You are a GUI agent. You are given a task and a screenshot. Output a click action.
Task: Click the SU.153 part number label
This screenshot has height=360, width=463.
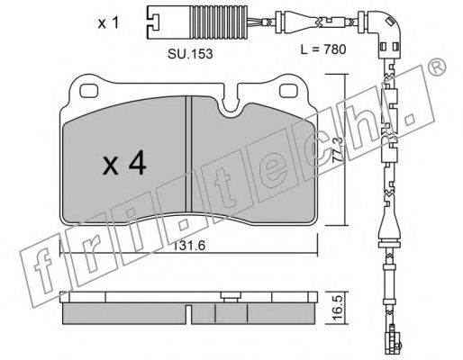click(x=190, y=54)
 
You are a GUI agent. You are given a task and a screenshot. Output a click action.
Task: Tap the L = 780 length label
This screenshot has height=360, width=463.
click(x=323, y=49)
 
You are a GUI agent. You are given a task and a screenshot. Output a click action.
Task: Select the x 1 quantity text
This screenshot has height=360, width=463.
click(x=108, y=23)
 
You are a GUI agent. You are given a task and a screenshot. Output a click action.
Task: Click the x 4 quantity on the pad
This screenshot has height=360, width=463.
click(x=124, y=163)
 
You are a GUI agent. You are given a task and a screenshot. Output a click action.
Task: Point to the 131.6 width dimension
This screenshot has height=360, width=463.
click(x=188, y=246)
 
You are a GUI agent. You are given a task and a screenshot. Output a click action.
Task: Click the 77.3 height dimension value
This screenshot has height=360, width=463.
click(x=339, y=149)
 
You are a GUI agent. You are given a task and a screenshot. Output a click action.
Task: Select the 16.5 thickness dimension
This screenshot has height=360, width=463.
click(x=338, y=309)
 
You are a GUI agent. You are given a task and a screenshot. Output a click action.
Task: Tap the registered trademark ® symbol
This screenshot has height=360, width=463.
click(x=437, y=67)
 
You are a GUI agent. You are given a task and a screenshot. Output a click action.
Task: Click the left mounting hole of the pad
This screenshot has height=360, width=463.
click(x=89, y=91)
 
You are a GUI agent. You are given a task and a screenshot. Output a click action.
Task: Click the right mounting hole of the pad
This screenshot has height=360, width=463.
click(x=289, y=91)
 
